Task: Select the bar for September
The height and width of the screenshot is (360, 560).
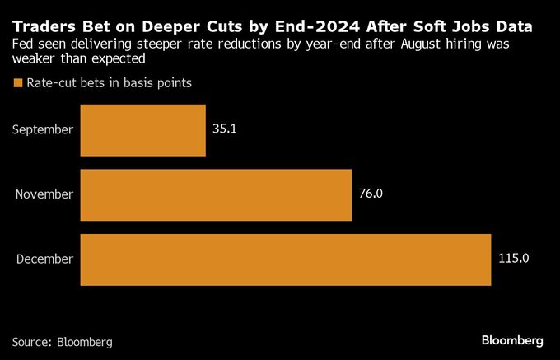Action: [142, 130]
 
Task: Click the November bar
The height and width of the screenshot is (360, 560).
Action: [216, 195]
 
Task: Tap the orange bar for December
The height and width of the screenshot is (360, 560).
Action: [286, 259]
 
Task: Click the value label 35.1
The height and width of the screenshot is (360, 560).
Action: [224, 130]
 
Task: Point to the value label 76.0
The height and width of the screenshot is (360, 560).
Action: [371, 195]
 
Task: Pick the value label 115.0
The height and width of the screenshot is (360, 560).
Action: [513, 259]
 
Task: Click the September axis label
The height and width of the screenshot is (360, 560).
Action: [44, 130]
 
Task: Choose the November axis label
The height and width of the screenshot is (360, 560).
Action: [44, 195]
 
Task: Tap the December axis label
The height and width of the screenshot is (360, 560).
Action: [44, 259]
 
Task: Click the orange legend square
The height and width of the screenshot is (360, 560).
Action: [17, 83]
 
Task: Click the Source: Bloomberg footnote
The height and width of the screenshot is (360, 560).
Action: [63, 341]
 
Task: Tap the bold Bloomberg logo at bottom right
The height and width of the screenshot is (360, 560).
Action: [511, 340]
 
